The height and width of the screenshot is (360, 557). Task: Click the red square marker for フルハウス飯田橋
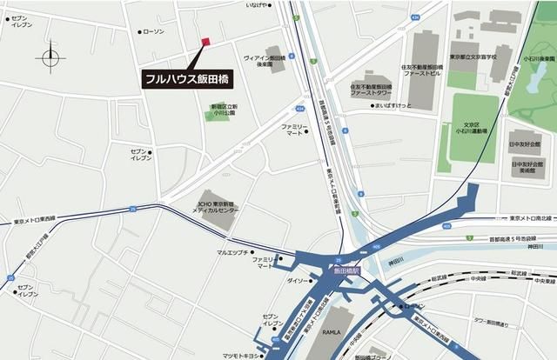[x=205, y=41]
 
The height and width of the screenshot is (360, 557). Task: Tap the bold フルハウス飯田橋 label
[x=188, y=78]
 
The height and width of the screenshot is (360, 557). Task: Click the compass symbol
[x=50, y=57]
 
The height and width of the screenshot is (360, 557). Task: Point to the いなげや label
[x=258, y=5]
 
